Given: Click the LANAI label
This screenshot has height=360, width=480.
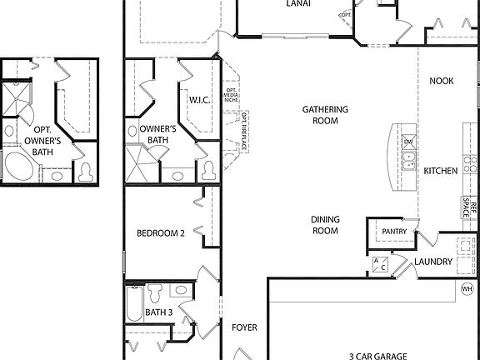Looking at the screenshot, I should [x=298, y=4].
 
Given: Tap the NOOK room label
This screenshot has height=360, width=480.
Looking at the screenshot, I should [x=442, y=81].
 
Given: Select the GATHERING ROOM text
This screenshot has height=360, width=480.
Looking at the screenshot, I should [x=325, y=115].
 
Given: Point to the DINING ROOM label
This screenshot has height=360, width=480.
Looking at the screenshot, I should [x=325, y=225].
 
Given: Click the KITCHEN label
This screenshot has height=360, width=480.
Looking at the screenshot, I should [x=441, y=171].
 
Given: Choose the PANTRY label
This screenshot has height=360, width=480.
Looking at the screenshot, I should [x=393, y=232].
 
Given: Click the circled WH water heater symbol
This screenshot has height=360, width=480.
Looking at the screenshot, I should [x=467, y=288].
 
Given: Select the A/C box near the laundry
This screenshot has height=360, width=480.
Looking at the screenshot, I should [x=379, y=264].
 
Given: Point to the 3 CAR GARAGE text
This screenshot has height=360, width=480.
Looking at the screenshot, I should [x=377, y=356].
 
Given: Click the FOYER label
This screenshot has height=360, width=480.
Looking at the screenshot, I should [x=245, y=327].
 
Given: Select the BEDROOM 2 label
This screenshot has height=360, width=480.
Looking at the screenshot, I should [x=161, y=233].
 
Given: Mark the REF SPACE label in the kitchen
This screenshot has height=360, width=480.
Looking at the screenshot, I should [x=472, y=209].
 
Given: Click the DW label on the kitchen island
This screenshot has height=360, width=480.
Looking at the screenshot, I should [x=409, y=142].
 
